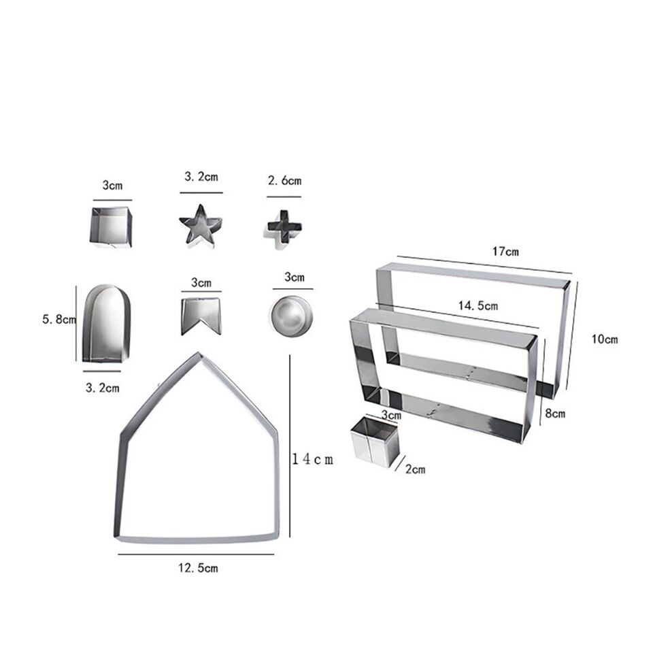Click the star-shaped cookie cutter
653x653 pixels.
[200, 226]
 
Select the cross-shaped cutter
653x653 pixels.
[284, 229]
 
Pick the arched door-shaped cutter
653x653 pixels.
[106, 323]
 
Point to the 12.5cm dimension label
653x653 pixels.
[198, 568]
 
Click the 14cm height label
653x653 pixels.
[313, 459]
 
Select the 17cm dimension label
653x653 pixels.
[505, 252]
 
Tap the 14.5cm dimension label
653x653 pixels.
[478, 305]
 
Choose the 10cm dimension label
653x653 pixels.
[605, 339]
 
